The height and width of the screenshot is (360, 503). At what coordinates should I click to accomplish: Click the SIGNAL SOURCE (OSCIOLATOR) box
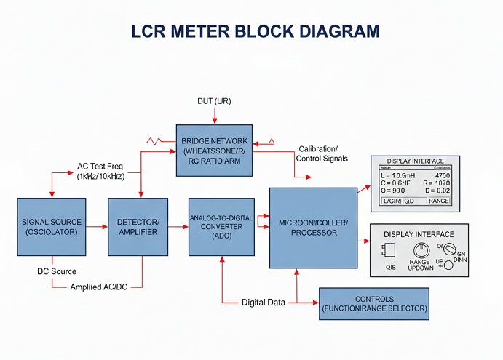pos(52,226)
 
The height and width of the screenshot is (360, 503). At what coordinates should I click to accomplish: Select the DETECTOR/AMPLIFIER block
pos(138,226)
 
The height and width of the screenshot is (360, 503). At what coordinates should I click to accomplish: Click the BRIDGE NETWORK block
pos(215,151)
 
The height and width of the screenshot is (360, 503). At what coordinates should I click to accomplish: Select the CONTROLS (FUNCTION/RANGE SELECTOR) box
pos(374,303)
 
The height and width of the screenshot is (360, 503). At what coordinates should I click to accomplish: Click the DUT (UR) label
pos(214,100)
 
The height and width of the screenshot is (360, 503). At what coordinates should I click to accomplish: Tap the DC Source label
pos(57,271)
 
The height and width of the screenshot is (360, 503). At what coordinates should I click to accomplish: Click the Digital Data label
pos(263,302)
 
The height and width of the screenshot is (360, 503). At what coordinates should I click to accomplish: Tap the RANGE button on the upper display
pos(438,200)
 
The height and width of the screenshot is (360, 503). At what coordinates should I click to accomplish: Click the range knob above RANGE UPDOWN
pos(422,248)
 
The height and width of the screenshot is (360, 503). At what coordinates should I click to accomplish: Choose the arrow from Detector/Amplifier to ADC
pos(178,227)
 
